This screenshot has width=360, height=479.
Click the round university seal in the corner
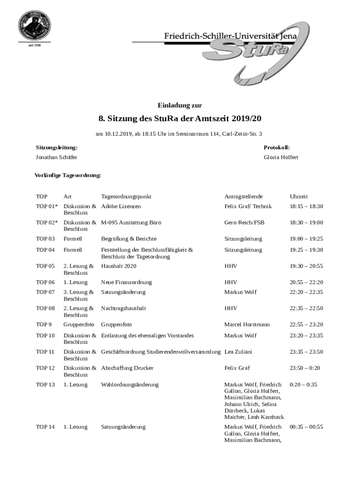(x=34, y=25)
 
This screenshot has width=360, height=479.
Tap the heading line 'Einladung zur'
(x=180, y=105)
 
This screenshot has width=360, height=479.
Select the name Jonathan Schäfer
(x=57, y=158)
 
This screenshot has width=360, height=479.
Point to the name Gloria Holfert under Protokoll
(x=281, y=158)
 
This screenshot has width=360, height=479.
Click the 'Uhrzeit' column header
(x=299, y=196)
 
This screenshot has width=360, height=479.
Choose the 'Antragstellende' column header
(x=243, y=196)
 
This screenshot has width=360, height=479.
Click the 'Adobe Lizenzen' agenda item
(x=121, y=206)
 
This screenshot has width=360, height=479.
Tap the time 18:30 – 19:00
(x=306, y=223)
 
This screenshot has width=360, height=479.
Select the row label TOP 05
(x=45, y=266)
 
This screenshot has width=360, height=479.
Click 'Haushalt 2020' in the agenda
(x=118, y=266)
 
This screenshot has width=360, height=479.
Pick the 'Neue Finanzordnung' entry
(x=126, y=283)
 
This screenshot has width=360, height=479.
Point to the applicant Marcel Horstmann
(x=247, y=325)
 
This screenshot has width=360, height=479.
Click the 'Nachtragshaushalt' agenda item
(x=123, y=308)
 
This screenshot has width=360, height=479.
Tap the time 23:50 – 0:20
(x=305, y=368)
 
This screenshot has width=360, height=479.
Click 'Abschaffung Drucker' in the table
(x=127, y=368)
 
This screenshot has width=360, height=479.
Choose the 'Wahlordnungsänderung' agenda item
(x=130, y=385)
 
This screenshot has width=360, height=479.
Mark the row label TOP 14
(x=45, y=427)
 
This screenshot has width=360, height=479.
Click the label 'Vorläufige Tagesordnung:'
(x=67, y=175)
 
